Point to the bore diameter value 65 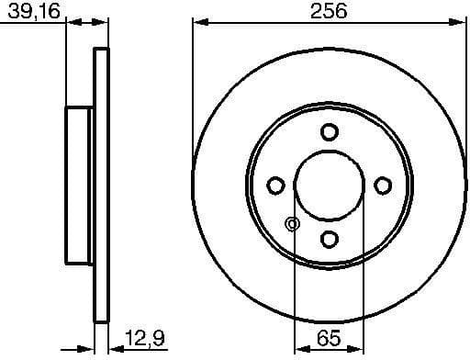329,341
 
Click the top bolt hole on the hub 329,132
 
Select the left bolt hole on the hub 274,186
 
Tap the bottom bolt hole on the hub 329,241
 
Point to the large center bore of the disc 329,186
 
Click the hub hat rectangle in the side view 80,186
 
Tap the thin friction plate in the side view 101,186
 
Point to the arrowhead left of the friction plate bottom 87,347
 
